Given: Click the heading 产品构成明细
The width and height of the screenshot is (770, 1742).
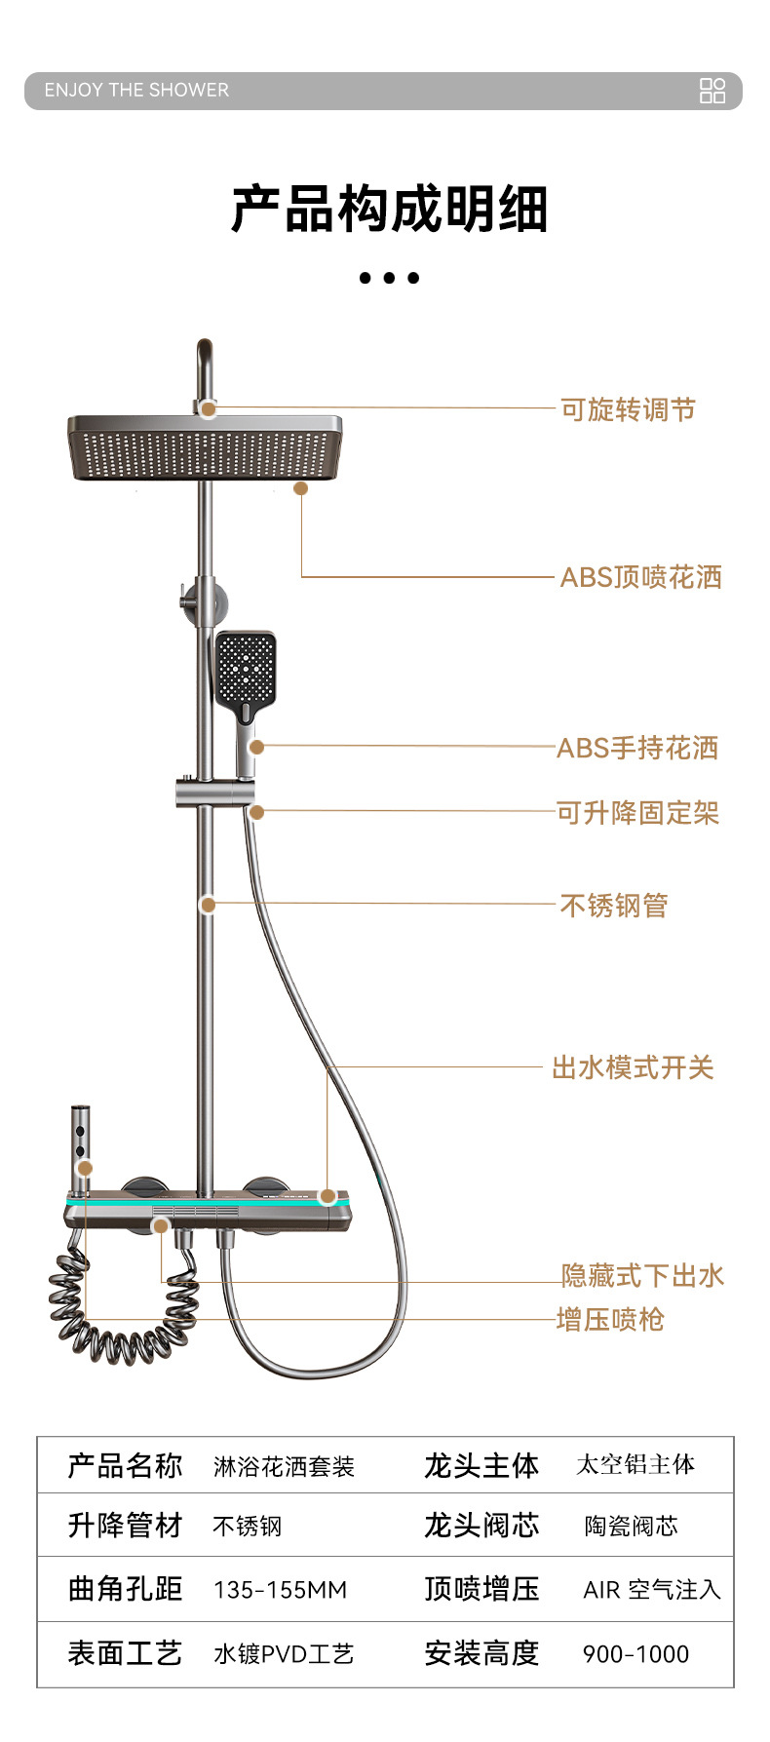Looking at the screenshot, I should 388,209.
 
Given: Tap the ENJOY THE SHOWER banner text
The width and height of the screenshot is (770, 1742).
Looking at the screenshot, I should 136,91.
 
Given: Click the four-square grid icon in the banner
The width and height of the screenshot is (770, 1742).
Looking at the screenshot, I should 712,91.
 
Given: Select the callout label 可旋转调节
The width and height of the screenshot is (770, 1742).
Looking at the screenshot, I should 628,409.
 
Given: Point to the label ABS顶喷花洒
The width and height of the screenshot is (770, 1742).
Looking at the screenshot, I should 640,577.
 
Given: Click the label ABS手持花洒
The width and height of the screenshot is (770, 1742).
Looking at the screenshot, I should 637,748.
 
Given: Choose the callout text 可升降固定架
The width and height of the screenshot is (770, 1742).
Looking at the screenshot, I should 637,812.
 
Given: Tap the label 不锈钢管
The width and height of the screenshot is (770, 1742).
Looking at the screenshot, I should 614,906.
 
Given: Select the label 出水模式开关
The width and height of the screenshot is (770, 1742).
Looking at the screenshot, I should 633,1067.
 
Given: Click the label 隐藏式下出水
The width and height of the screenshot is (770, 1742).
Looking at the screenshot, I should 642,1275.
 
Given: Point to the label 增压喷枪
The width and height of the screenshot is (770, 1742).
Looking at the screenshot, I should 610,1320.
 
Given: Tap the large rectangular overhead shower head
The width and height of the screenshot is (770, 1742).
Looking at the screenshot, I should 205,447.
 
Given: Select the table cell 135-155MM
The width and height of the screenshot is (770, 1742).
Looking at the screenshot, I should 280,1590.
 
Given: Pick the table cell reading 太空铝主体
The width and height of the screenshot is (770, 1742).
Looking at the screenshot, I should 635,1464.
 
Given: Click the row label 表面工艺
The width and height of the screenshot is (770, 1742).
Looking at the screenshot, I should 125,1653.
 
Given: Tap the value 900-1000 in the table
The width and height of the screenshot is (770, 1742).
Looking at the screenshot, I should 635,1654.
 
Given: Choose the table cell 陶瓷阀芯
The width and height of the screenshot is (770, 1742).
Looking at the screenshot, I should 631,1526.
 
